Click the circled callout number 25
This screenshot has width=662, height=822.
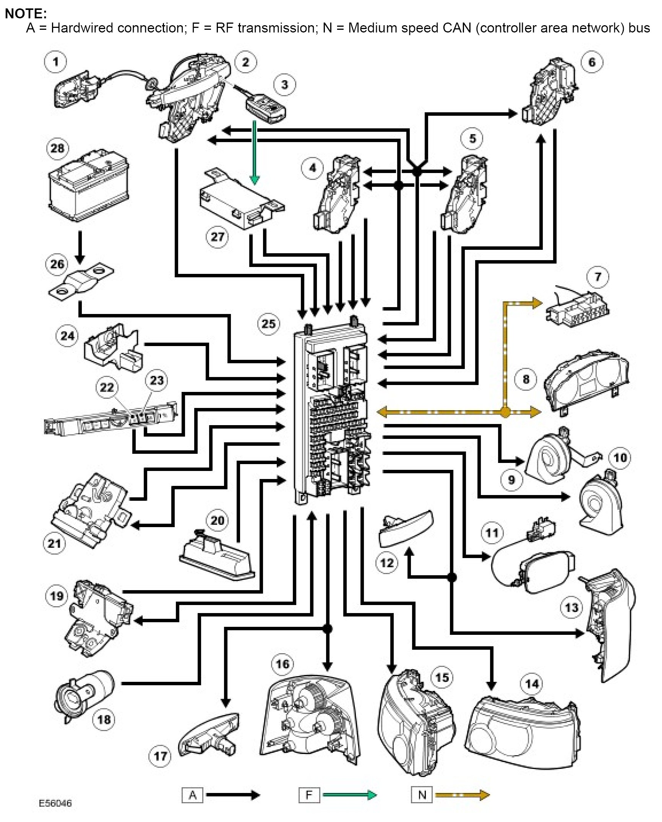[x=268, y=324]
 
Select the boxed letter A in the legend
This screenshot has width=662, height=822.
[x=192, y=795]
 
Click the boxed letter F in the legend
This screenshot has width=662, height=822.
[x=309, y=795]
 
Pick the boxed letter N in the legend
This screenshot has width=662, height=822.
[x=422, y=795]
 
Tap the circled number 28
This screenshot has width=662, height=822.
[x=57, y=148]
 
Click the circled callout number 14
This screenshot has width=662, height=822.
[x=532, y=683]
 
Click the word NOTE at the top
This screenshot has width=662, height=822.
[x=26, y=13]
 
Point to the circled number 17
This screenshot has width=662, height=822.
[x=160, y=756]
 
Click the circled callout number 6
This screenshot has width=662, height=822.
[x=592, y=62]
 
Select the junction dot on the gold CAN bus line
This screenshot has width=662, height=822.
[x=505, y=412]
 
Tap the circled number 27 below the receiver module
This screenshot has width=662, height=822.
[x=217, y=236]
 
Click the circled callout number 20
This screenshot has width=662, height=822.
[x=217, y=520]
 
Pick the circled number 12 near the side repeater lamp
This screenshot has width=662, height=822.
[x=387, y=563]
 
